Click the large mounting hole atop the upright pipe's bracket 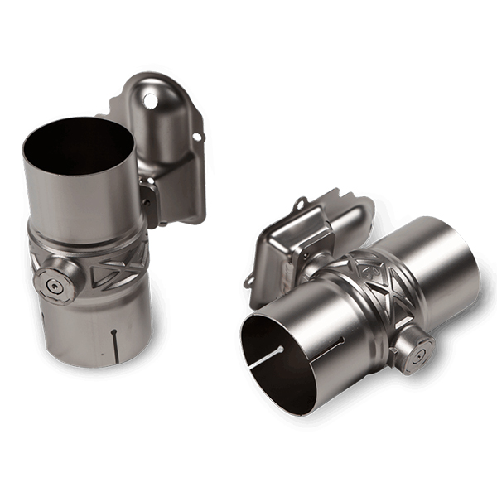150,100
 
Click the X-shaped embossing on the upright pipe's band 117,263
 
